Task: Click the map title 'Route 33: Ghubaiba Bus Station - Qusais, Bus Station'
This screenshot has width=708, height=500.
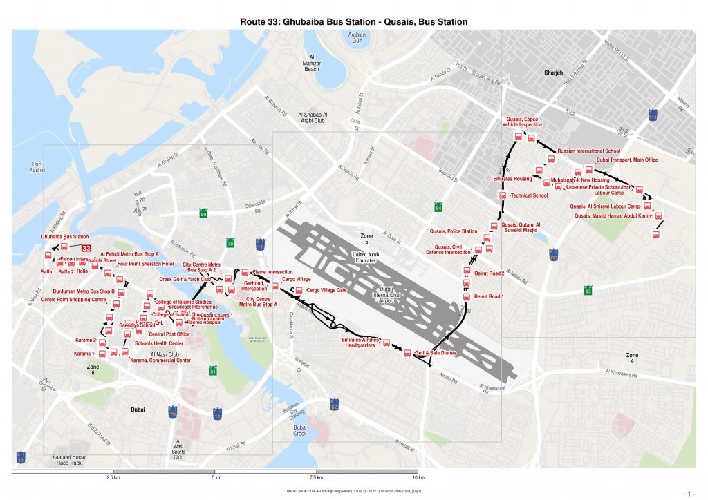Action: tap(353, 22)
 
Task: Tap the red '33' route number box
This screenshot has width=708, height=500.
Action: tap(86, 248)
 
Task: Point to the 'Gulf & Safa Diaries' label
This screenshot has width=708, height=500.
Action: tap(436, 353)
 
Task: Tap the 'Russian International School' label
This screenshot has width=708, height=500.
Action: tap(588, 150)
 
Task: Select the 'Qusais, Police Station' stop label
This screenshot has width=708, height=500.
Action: tap(454, 231)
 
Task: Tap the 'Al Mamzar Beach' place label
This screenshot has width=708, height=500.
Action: tap(312, 64)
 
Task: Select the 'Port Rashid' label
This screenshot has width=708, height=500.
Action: tap(33, 166)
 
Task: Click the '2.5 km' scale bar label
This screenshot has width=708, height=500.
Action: tap(114, 478)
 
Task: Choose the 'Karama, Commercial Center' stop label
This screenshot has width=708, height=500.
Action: tap(160, 360)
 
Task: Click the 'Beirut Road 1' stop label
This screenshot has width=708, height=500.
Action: tap(489, 296)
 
